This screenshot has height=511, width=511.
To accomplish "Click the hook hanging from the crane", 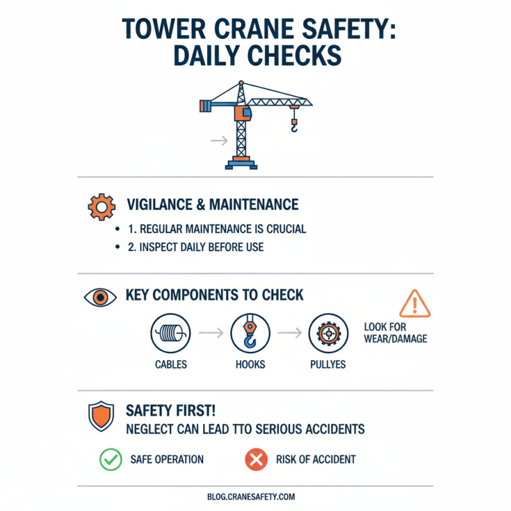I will (x=294, y=127).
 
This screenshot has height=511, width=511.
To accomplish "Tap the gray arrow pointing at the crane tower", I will (x=219, y=141).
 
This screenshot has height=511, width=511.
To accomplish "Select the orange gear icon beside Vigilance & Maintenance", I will (x=101, y=206).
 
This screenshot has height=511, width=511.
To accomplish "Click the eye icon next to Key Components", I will (x=101, y=298).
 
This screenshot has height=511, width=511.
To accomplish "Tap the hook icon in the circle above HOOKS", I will (x=250, y=333).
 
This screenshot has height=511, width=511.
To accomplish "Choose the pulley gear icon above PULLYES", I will (x=328, y=333).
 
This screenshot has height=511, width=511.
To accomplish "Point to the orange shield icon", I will (x=101, y=416).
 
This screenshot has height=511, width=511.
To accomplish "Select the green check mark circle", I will (x=110, y=459).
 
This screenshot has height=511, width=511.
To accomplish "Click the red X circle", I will (x=256, y=459).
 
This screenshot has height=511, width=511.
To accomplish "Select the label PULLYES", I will (x=328, y=365).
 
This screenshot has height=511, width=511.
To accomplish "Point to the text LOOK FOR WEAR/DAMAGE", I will (x=395, y=332).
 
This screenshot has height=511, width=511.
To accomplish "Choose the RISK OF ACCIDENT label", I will (x=316, y=459).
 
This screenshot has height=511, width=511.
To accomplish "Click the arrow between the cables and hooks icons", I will (x=210, y=333).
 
